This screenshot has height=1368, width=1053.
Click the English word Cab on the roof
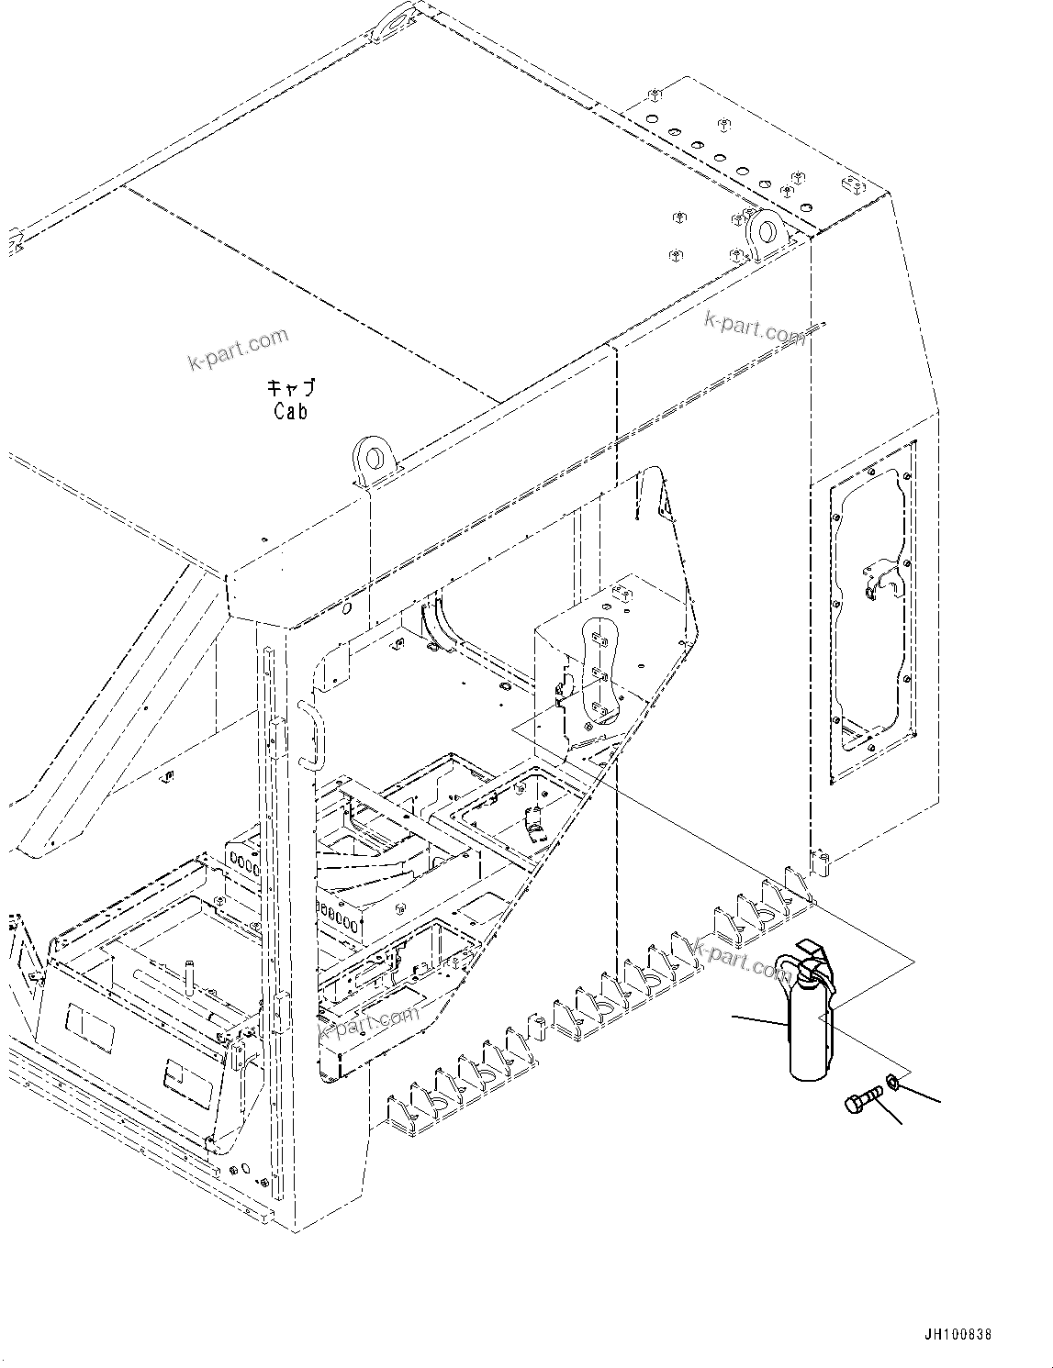(290, 413)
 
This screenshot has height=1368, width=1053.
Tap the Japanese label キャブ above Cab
(290, 388)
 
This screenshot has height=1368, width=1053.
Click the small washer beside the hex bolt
(892, 1084)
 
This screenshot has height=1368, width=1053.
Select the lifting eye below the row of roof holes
(764, 228)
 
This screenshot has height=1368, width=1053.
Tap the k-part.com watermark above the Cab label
(239, 350)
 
